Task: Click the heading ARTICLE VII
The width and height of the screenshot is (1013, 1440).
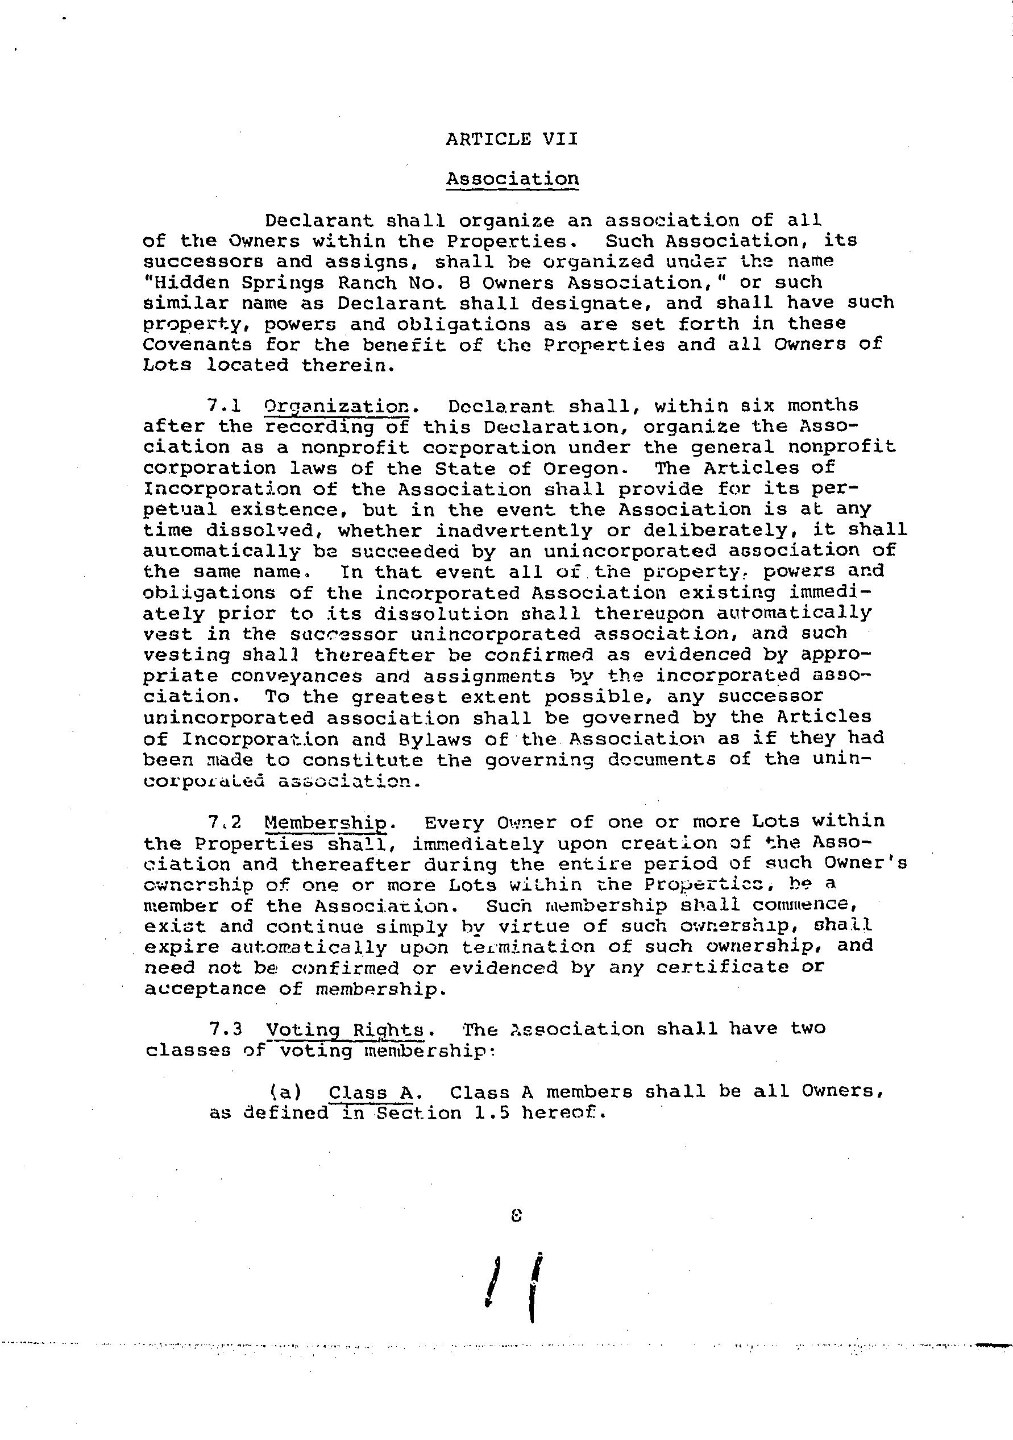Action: [x=512, y=139]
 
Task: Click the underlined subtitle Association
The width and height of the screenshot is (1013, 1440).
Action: [x=512, y=179]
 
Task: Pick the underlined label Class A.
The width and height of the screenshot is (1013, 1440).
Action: [x=371, y=1093]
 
